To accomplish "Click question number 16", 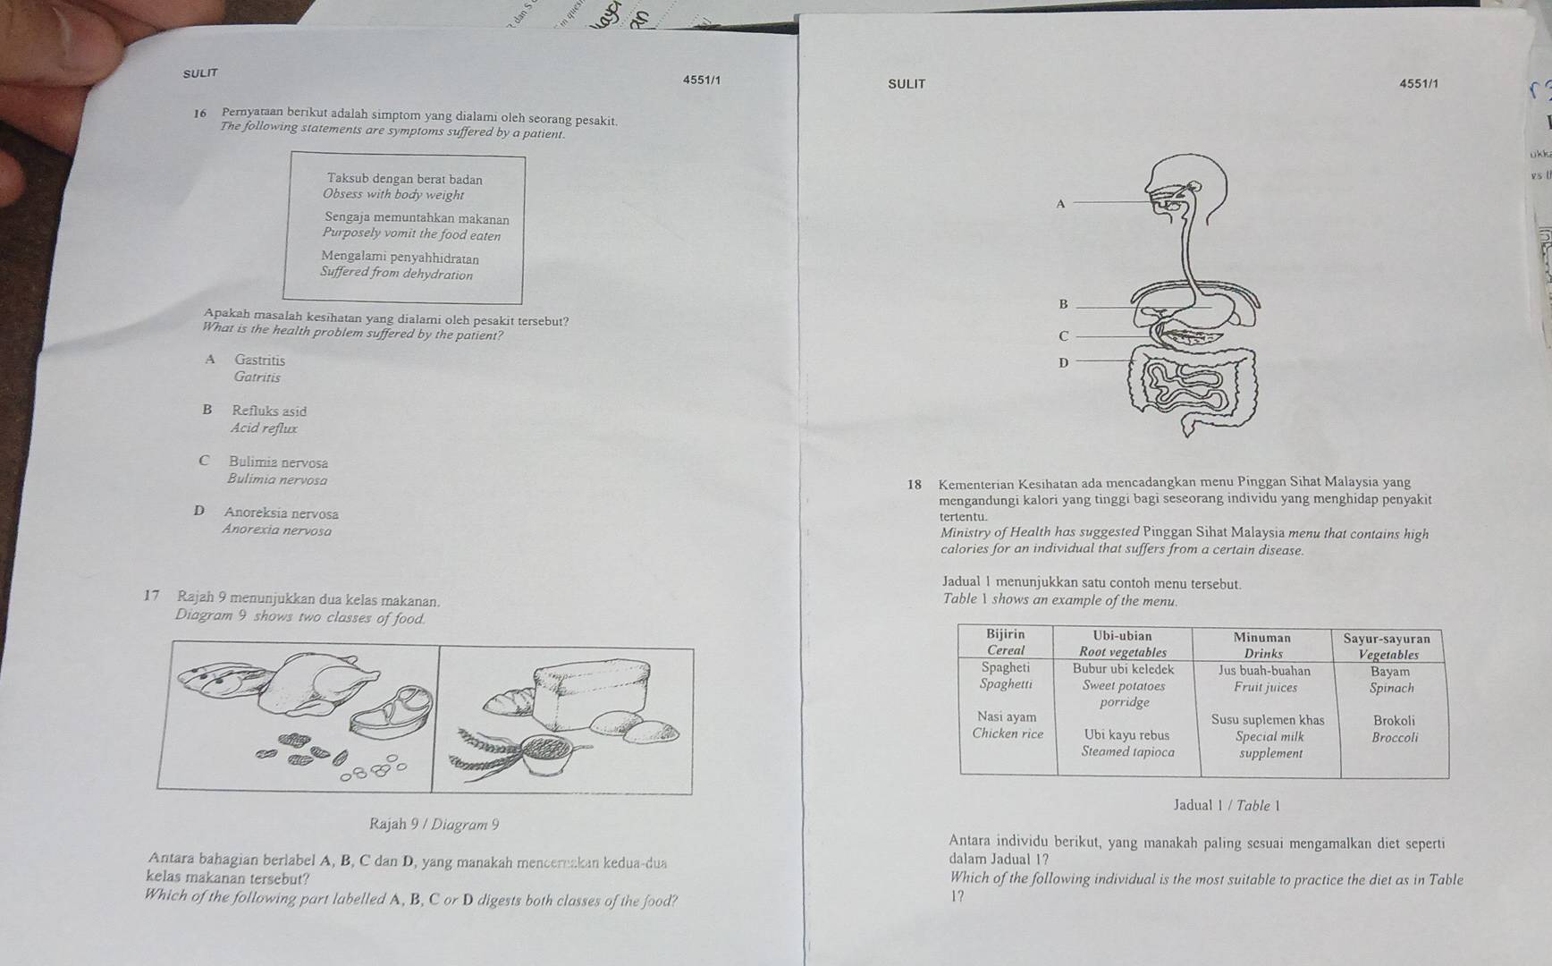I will pyautogui.click(x=200, y=114).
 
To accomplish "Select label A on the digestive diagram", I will pyautogui.click(x=1061, y=204).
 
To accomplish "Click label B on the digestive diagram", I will pyautogui.click(x=1063, y=304).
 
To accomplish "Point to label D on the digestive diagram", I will pyautogui.click(x=1063, y=362).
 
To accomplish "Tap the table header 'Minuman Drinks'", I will pyautogui.click(x=1262, y=645).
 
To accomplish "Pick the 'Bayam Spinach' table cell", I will pyautogui.click(x=1391, y=680).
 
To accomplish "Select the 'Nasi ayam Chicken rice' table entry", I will pyautogui.click(x=1008, y=725).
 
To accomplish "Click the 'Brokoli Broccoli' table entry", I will pyautogui.click(x=1394, y=729).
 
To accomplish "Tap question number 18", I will pyautogui.click(x=914, y=485).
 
